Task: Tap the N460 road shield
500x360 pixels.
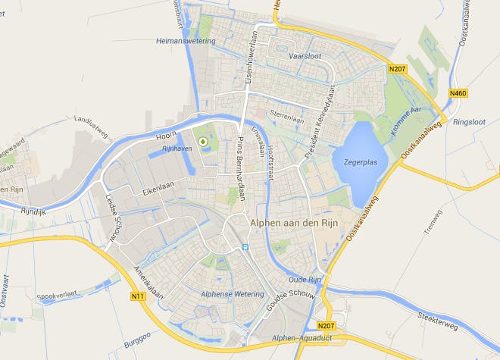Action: (458, 93)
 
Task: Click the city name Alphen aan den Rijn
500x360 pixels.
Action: (294, 223)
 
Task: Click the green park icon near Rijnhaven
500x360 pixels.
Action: (202, 141)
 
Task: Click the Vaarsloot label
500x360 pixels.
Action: (305, 55)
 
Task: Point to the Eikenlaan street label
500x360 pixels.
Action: (157, 192)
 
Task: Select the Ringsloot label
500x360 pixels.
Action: (468, 121)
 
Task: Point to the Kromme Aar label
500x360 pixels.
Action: (406, 122)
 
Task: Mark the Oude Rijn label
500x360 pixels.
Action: (305, 280)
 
